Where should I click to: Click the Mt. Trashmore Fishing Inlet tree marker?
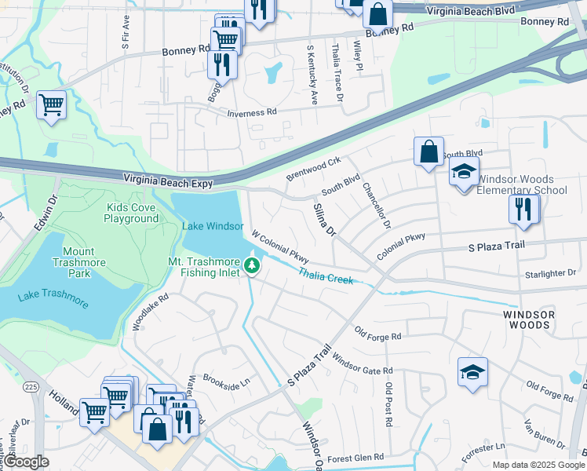point(252,265)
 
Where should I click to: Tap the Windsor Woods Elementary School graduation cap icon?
point(464,173)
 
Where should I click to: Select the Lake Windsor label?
point(213,226)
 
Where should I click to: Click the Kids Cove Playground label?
point(133,213)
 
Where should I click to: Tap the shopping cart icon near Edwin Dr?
point(51,104)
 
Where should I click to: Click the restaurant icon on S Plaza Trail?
point(523,209)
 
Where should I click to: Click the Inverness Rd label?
point(252,113)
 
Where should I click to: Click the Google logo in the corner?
point(27,462)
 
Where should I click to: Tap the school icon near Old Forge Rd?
point(472,372)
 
